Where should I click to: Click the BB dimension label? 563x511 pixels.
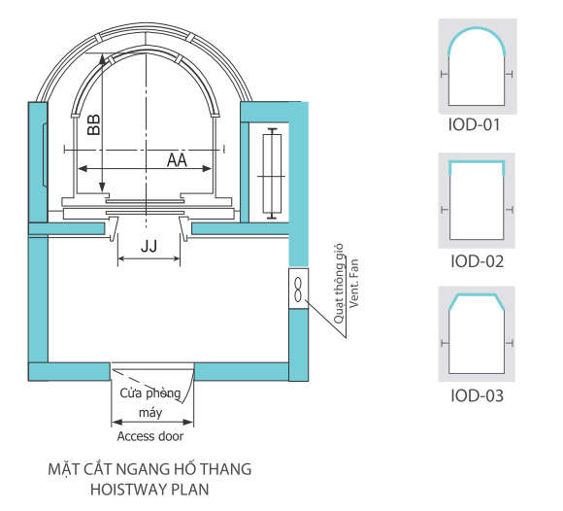(94, 124)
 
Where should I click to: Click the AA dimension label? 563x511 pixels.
(177, 160)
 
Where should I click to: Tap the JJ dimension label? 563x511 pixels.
(149, 247)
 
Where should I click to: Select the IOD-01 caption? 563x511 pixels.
(474, 124)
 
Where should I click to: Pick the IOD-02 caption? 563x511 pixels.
(477, 261)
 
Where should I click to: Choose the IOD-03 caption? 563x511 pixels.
(477, 395)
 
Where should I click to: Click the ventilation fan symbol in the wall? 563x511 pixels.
(298, 289)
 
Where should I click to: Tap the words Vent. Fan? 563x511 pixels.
(354, 283)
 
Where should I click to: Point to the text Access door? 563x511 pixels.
(150, 436)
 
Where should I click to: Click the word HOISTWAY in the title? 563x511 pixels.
(127, 490)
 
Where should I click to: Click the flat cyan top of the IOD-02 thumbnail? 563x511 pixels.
(477, 162)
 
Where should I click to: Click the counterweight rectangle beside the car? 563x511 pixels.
(272, 174)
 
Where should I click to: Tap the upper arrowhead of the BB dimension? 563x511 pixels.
(102, 58)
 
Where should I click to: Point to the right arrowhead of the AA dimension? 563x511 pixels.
(207, 168)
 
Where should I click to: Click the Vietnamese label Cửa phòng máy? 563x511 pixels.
(150, 402)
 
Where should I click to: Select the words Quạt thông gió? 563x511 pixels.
(339, 284)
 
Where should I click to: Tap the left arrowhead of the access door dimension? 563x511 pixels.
(116, 422)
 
